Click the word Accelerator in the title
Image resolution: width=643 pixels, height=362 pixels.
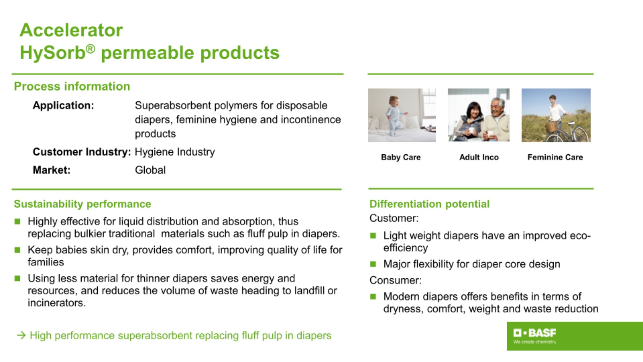[71, 30]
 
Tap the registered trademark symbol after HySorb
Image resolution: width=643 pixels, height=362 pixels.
[91, 49]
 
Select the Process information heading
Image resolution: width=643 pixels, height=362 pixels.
[72, 86]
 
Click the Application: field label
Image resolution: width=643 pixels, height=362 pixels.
[63, 105]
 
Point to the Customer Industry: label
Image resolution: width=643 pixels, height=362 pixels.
[82, 152]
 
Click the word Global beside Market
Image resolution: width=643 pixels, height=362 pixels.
[150, 170]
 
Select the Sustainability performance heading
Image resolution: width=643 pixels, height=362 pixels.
[82, 204]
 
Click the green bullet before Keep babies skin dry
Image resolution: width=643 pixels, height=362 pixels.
[17, 250]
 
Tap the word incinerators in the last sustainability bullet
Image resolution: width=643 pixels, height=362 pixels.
[57, 303]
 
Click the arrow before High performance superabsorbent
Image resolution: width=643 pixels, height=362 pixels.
[21, 336]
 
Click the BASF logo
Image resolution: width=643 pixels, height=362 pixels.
[535, 336]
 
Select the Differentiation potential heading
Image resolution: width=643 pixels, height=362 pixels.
[430, 204]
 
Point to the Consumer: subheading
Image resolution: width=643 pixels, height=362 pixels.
[395, 280]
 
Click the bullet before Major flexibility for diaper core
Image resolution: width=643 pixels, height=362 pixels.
[373, 264]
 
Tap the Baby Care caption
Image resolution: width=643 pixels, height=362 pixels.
[401, 157]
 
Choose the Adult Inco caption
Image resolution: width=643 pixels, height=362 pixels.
[479, 157]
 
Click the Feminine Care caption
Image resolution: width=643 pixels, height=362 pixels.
[555, 157]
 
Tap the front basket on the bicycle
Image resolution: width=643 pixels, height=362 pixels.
[552, 127]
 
